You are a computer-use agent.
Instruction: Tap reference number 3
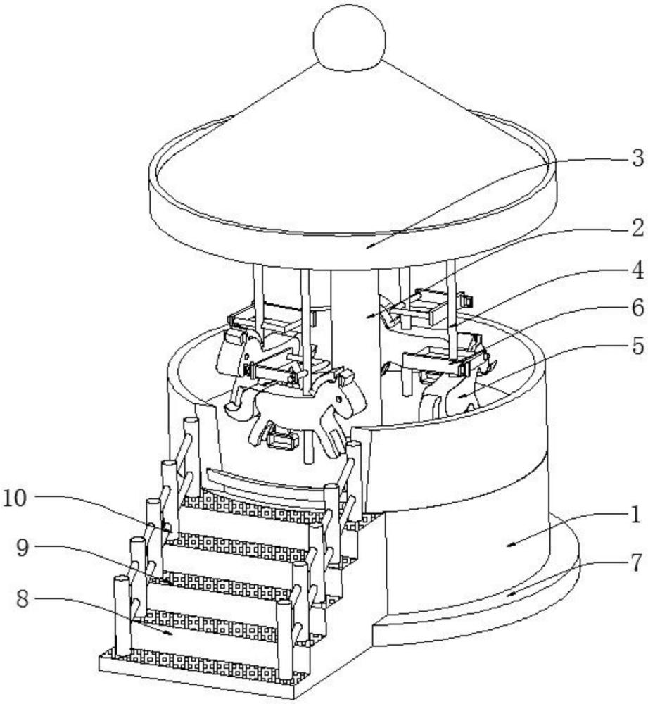pos(637,158)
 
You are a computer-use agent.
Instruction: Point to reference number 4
pos(637,270)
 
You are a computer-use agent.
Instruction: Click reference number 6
pos(637,308)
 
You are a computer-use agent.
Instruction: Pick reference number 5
pos(637,346)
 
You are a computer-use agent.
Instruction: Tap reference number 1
pos(635,515)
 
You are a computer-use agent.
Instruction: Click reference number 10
pos(15,499)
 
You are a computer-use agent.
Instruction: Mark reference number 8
pos(23,599)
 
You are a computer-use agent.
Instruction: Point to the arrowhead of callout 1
pos(509,545)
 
